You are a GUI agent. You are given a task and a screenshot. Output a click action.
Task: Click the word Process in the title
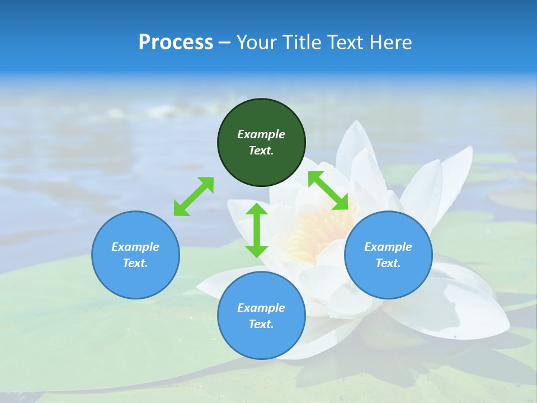click(x=176, y=43)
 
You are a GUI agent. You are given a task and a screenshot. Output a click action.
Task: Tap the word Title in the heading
click(x=304, y=43)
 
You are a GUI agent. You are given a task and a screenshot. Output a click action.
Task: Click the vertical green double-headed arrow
click(x=257, y=230)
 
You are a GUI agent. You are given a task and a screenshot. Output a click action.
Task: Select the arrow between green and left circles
click(x=194, y=196)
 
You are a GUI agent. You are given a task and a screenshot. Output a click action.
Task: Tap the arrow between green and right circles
click(x=328, y=190)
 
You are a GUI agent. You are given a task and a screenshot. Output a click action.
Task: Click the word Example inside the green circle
click(x=261, y=134)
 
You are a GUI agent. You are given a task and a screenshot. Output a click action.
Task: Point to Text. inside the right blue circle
click(x=388, y=263)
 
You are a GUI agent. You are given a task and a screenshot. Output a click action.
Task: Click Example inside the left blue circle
click(x=135, y=247)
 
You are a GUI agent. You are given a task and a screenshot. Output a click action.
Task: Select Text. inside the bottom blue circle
click(x=261, y=324)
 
